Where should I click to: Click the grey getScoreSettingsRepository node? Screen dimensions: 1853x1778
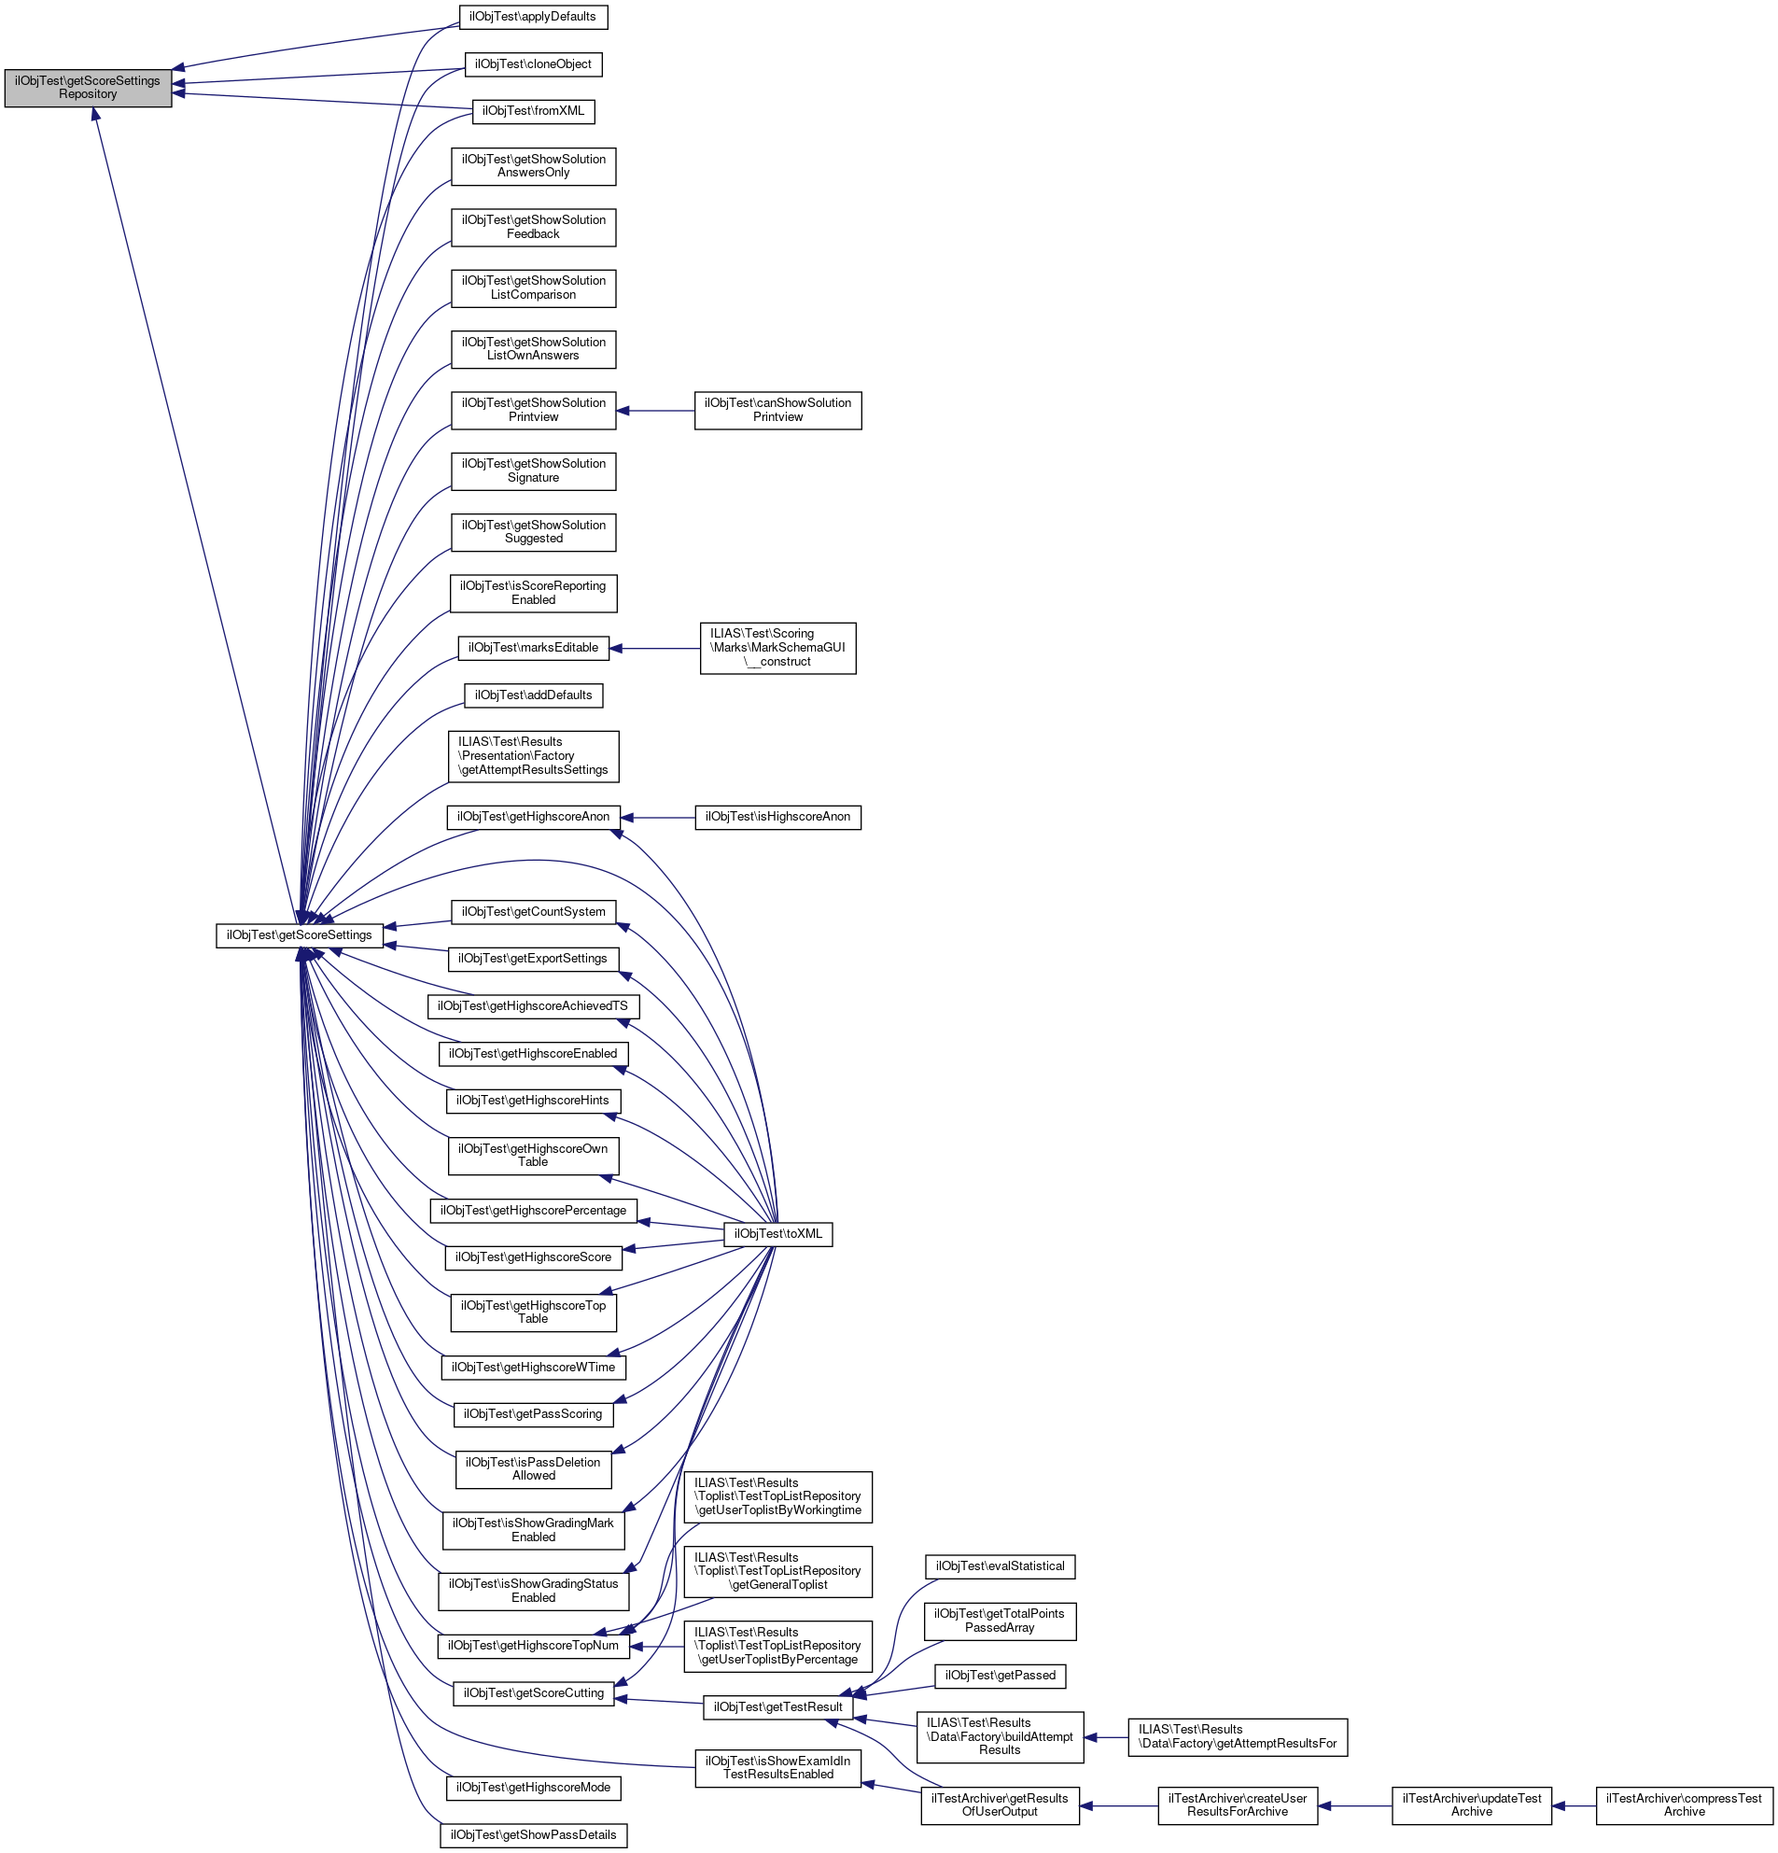pos(88,88)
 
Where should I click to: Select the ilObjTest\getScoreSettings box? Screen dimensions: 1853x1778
pos(300,935)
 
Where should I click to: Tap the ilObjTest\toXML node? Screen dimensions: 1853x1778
pos(778,1234)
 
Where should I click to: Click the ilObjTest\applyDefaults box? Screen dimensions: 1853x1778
pos(532,17)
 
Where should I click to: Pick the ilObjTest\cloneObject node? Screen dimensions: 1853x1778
pos(533,64)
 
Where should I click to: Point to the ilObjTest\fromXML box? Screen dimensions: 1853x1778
pos(533,110)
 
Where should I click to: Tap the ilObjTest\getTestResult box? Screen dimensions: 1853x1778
pos(778,1707)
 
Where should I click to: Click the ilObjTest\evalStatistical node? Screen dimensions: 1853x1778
pos(999,1566)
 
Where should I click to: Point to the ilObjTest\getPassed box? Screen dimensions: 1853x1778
pos(999,1676)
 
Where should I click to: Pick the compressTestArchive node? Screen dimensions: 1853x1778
pos(1684,1804)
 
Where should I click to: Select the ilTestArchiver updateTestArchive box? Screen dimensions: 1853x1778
pos(1471,1804)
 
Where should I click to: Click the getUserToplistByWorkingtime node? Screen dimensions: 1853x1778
pos(778,1496)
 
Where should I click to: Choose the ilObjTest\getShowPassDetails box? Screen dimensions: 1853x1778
pos(533,1835)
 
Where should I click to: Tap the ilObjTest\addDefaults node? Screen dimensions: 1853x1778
pos(533,695)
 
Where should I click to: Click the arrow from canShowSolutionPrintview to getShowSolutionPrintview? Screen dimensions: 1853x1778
pos(655,411)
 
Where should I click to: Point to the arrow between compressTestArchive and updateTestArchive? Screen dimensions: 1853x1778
pos(1574,1805)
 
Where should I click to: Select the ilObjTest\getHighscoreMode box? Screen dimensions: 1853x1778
pos(533,1788)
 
